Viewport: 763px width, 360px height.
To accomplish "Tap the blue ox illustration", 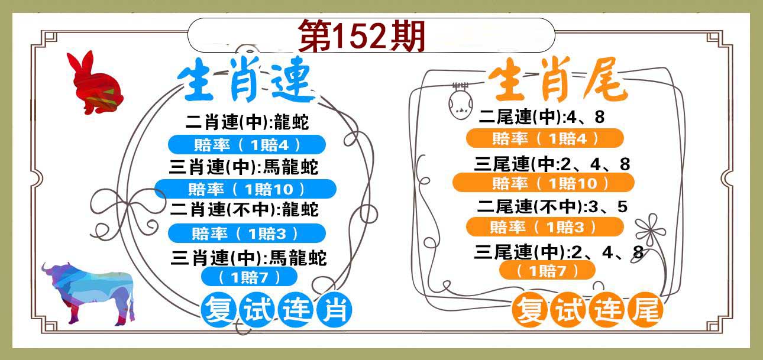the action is point(91,293).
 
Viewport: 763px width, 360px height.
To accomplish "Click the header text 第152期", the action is point(362,35).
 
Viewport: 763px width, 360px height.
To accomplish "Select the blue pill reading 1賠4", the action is point(247,145).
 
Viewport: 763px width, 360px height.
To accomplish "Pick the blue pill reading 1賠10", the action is point(245,189).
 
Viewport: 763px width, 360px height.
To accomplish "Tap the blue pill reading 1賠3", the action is point(247,233).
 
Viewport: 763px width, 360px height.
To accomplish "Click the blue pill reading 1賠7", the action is point(250,277).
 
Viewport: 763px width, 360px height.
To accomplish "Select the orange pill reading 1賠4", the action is point(545,138).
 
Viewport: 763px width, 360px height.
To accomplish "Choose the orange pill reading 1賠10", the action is point(544,183).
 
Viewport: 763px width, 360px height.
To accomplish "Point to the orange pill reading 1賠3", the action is point(545,227).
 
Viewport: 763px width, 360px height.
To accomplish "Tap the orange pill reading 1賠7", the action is point(547,270).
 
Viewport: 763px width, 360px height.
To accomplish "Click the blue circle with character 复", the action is point(219,310).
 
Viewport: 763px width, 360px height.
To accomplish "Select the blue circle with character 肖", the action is point(334,310).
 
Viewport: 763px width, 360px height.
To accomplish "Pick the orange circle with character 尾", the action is point(645,310).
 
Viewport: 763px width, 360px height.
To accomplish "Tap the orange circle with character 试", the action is point(568,310).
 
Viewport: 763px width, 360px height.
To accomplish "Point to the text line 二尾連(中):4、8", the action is point(542,117).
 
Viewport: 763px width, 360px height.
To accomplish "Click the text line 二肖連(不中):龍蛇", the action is point(244,209).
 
